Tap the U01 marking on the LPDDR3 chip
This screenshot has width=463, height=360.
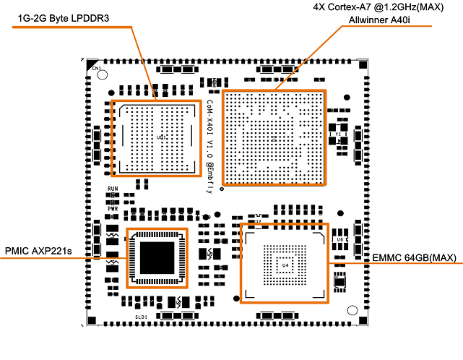tap(162, 137)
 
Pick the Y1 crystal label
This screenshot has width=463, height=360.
tap(337, 134)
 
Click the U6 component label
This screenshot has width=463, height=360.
tap(339, 239)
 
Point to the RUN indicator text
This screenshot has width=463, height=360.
tap(112, 189)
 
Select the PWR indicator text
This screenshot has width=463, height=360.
tap(112, 208)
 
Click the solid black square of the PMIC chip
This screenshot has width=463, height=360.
tap(157, 257)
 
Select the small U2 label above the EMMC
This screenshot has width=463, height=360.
tap(257, 221)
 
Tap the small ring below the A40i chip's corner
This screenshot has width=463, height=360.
tap(222, 189)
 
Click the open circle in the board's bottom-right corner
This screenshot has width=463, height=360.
tap(351, 307)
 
